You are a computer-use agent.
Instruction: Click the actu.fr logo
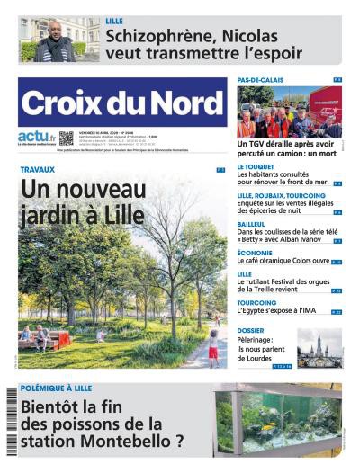point(35,138)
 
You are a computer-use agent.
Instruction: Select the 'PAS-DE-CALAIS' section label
point(261,80)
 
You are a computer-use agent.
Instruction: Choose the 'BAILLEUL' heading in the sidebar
point(252,224)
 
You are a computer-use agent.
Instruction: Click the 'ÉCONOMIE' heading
point(255,253)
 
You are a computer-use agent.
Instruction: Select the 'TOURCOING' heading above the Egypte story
point(256,302)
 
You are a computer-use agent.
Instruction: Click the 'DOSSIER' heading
point(251,330)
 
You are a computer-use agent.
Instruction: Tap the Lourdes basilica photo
point(319,347)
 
